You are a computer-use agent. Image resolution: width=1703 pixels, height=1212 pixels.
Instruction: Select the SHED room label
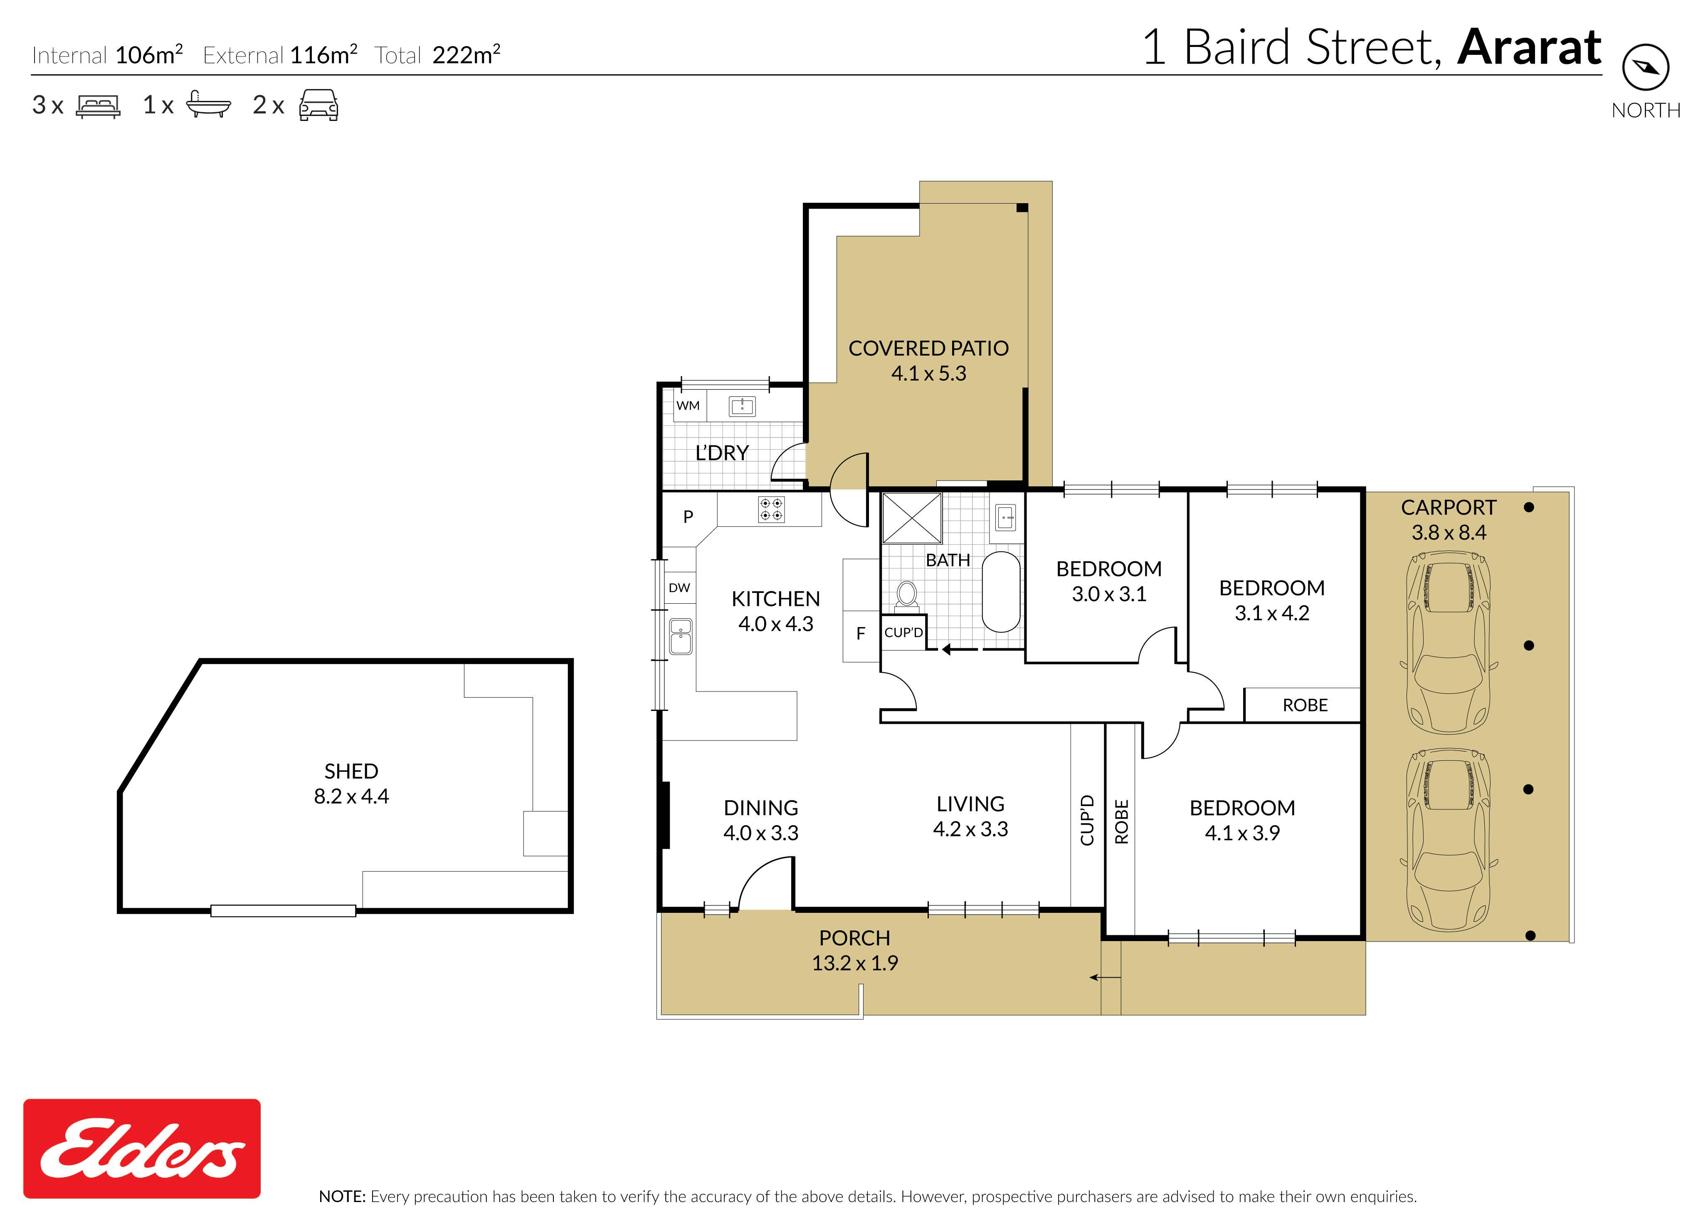tap(351, 771)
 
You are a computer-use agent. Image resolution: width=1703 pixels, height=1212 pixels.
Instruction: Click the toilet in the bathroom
tap(906, 595)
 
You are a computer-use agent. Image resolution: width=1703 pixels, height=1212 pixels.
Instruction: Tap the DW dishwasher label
tap(679, 588)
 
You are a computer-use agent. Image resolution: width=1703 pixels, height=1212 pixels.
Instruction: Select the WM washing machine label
tap(688, 405)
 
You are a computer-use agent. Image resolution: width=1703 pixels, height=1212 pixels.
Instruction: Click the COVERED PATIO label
tap(928, 349)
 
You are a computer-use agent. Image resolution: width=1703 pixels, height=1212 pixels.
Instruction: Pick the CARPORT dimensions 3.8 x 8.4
tap(1449, 533)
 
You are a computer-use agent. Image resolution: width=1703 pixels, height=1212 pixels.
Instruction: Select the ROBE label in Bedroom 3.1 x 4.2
tap(1305, 705)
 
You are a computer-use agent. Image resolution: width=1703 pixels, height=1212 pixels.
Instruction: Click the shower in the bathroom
tap(912, 517)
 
